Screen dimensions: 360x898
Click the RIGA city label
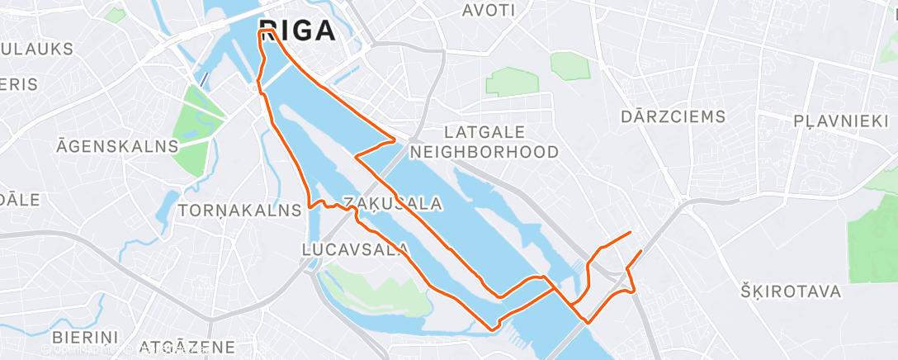pos(297,31)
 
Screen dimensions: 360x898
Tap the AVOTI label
pos(489,11)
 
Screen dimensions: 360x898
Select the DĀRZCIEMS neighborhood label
pos(673,116)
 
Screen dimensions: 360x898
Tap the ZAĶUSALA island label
pos(381,203)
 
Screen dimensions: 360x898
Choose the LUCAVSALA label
pos(356,249)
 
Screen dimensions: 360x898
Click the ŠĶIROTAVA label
pos(790,291)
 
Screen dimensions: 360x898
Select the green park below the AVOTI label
pos(512,82)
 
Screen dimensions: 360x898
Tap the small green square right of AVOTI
pos(570,65)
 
